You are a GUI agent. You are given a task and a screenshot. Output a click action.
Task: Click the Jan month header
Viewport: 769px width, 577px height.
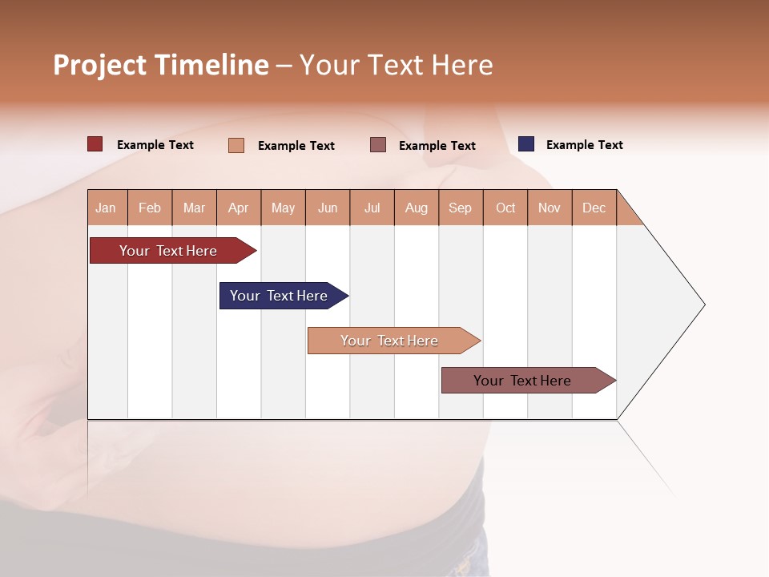(x=107, y=208)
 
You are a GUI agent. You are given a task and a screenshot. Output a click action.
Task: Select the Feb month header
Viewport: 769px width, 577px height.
(x=150, y=208)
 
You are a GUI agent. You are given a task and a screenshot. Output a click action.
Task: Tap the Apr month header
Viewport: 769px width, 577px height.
(x=239, y=208)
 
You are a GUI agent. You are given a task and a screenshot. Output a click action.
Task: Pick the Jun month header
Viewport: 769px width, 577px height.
(x=328, y=208)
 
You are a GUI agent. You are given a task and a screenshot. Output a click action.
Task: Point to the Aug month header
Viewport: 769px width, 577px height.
(x=417, y=208)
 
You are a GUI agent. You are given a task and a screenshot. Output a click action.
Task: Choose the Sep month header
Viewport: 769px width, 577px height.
(x=461, y=208)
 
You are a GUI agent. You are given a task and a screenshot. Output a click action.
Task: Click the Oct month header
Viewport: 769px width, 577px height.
(x=505, y=208)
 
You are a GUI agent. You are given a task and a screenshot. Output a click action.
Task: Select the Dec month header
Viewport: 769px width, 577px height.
(x=594, y=208)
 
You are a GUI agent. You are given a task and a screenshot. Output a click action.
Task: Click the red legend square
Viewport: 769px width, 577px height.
(x=95, y=144)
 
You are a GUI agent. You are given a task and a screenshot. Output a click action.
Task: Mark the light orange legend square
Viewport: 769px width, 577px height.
(x=236, y=145)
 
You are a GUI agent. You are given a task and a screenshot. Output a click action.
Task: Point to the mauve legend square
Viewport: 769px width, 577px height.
(x=378, y=145)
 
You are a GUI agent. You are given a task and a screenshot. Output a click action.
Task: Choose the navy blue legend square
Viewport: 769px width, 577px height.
(x=526, y=144)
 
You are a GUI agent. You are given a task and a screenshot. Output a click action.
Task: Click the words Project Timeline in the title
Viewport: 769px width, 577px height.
(x=161, y=65)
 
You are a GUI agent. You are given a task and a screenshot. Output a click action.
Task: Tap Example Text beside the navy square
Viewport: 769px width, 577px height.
(x=584, y=145)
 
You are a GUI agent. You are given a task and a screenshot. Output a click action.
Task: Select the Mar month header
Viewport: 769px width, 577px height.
(x=194, y=208)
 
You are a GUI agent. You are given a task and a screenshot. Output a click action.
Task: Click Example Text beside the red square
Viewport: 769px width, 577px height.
(x=155, y=145)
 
